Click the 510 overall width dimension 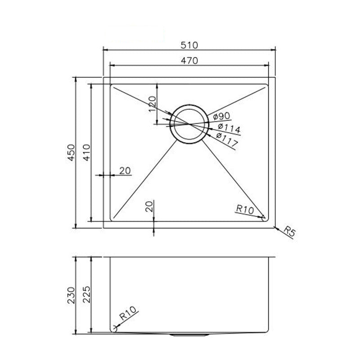pos(190,45)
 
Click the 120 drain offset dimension pos(152,105)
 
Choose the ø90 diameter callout pos(219,116)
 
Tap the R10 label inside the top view pos(245,209)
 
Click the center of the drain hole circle pos(189,124)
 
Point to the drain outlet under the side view pos(189,335)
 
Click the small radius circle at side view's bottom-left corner pos(113,329)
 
